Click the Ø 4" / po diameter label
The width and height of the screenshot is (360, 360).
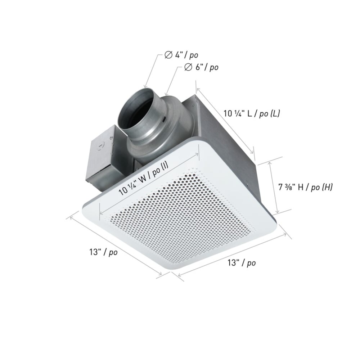(x=181, y=55)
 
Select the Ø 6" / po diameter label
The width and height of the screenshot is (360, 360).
(x=201, y=67)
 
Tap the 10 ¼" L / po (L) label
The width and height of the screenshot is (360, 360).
(x=252, y=113)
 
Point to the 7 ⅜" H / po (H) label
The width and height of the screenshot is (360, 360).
(x=305, y=187)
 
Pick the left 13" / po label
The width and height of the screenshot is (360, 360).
(x=103, y=252)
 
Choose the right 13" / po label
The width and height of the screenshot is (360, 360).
(x=242, y=263)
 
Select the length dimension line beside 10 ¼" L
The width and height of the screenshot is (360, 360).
(x=225, y=121)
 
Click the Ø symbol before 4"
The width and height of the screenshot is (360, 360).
(x=168, y=55)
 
